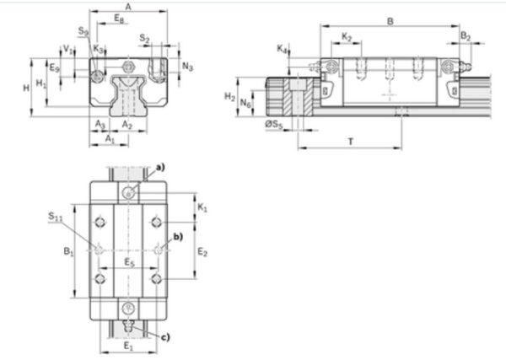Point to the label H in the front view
click(x=27, y=87)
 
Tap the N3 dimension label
click(x=188, y=66)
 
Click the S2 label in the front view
click(x=144, y=39)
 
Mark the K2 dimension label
click(x=347, y=37)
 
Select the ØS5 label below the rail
click(x=274, y=126)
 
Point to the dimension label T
click(x=349, y=142)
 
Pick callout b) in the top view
click(x=177, y=236)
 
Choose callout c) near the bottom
click(x=164, y=337)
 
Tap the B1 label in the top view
click(x=69, y=250)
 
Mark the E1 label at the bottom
click(x=127, y=347)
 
